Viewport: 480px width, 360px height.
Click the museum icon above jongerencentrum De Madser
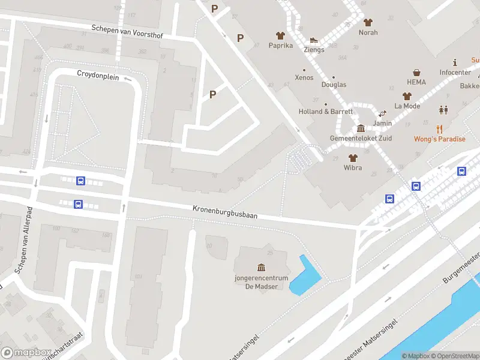(x=261, y=267)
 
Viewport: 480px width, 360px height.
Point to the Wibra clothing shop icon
(x=353, y=158)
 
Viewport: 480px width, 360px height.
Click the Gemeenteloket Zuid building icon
(x=361, y=128)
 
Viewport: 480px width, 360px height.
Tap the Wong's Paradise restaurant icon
(x=440, y=128)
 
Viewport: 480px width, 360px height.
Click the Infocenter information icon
(x=455, y=62)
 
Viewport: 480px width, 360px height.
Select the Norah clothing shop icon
(x=368, y=22)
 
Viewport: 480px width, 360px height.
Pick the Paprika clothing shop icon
(x=280, y=35)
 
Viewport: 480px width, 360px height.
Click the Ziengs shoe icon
(x=313, y=40)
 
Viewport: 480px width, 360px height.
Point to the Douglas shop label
(x=334, y=85)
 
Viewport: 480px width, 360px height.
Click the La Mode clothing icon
(x=407, y=96)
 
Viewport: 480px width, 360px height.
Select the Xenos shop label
(x=304, y=78)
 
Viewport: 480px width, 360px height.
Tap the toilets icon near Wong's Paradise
(x=443, y=110)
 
